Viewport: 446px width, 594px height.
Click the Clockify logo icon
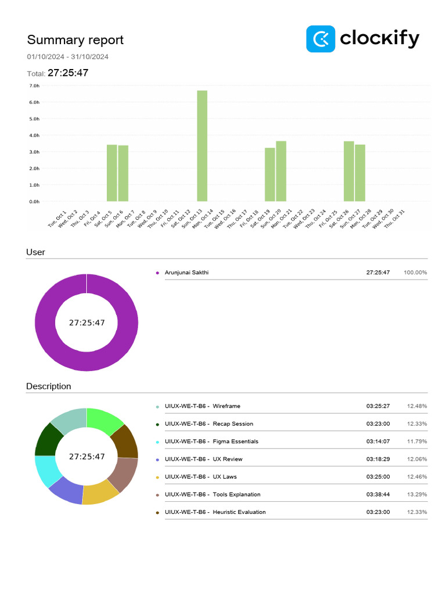[x=321, y=39]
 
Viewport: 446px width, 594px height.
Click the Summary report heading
[x=75, y=40]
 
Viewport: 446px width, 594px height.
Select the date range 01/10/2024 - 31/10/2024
[x=67, y=57]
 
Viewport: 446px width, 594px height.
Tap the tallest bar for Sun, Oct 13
[x=202, y=146]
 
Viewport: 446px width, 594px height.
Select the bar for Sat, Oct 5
[x=112, y=173]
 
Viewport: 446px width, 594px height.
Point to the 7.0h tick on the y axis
[x=34, y=85]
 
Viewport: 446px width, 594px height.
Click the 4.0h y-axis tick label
[x=34, y=135]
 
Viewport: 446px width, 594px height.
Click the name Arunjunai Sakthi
[x=186, y=273]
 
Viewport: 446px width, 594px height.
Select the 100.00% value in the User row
[x=415, y=273]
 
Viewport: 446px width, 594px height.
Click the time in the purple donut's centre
[x=87, y=323]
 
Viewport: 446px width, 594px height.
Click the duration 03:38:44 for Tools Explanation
[x=377, y=495]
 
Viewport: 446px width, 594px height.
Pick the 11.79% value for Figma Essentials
[x=416, y=441]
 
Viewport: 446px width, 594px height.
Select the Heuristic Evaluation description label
[x=239, y=512]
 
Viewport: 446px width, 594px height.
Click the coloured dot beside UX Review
[x=157, y=459]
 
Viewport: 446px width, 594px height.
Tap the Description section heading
[x=49, y=386]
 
